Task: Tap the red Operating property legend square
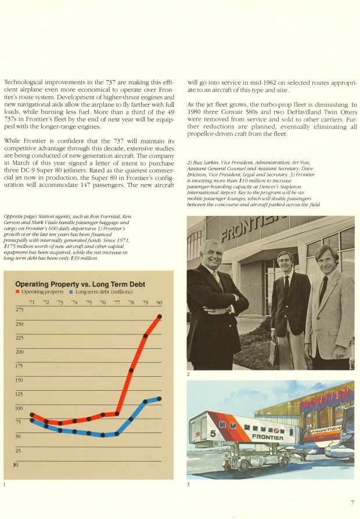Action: (18, 291)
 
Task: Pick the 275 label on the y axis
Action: (20, 309)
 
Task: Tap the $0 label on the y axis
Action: (16, 464)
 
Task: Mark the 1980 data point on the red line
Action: (159, 316)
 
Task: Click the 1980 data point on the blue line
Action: (159, 398)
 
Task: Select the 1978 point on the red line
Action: (131, 369)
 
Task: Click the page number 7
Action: (352, 503)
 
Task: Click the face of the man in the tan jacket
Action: (327, 261)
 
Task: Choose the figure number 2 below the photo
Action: (189, 374)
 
